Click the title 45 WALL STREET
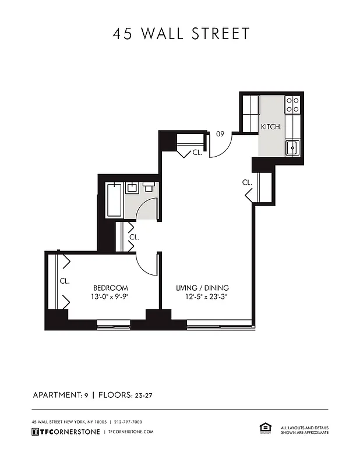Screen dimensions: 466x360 [x=181, y=34]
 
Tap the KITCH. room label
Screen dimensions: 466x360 [x=271, y=126]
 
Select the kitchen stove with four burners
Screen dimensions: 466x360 [x=292, y=105]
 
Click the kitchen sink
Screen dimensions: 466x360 [x=291, y=147]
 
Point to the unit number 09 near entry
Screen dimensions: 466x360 [x=220, y=134]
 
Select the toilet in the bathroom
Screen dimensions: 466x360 [x=149, y=188]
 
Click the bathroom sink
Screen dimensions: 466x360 [x=132, y=188]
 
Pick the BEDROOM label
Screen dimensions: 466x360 [x=111, y=288]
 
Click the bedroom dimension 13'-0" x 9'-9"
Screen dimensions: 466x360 [x=111, y=296]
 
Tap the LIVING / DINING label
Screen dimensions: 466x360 [x=203, y=288]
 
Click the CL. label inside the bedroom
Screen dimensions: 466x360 [x=64, y=281]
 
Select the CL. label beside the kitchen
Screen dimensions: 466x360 [x=247, y=182]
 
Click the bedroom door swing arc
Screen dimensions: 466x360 [x=147, y=266]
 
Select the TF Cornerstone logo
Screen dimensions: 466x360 [x=65, y=432]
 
